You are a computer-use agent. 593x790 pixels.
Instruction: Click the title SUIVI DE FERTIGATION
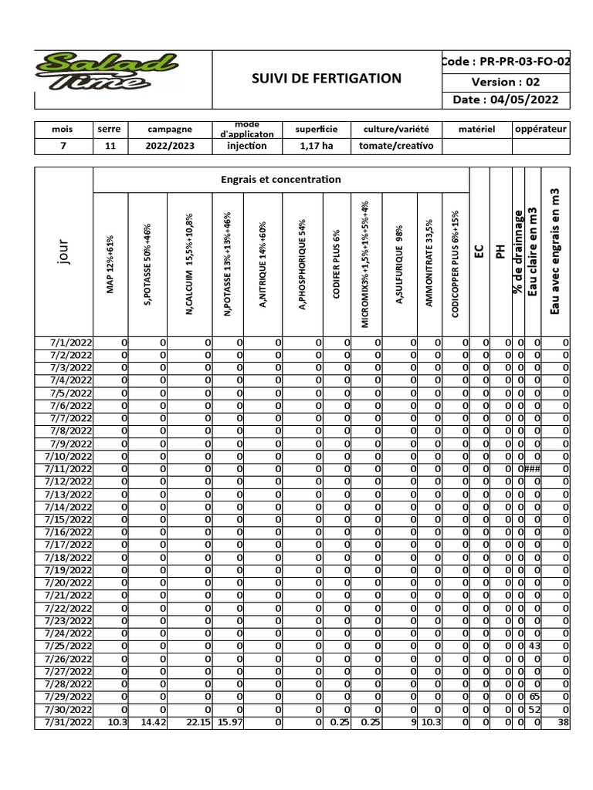coord(327,78)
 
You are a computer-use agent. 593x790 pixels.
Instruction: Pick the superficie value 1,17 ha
coord(317,145)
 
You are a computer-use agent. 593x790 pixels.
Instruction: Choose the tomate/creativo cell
coord(396,145)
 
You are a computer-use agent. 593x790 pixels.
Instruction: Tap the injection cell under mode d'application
coord(248,145)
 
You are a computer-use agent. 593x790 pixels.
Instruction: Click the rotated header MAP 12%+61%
coord(110,264)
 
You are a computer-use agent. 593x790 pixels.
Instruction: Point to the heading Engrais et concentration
coord(280,179)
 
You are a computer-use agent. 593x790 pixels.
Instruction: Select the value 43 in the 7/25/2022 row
coord(535,646)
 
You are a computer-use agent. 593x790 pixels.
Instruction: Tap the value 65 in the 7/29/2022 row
coord(535,697)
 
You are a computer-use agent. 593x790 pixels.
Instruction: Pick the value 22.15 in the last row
coord(198,722)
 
